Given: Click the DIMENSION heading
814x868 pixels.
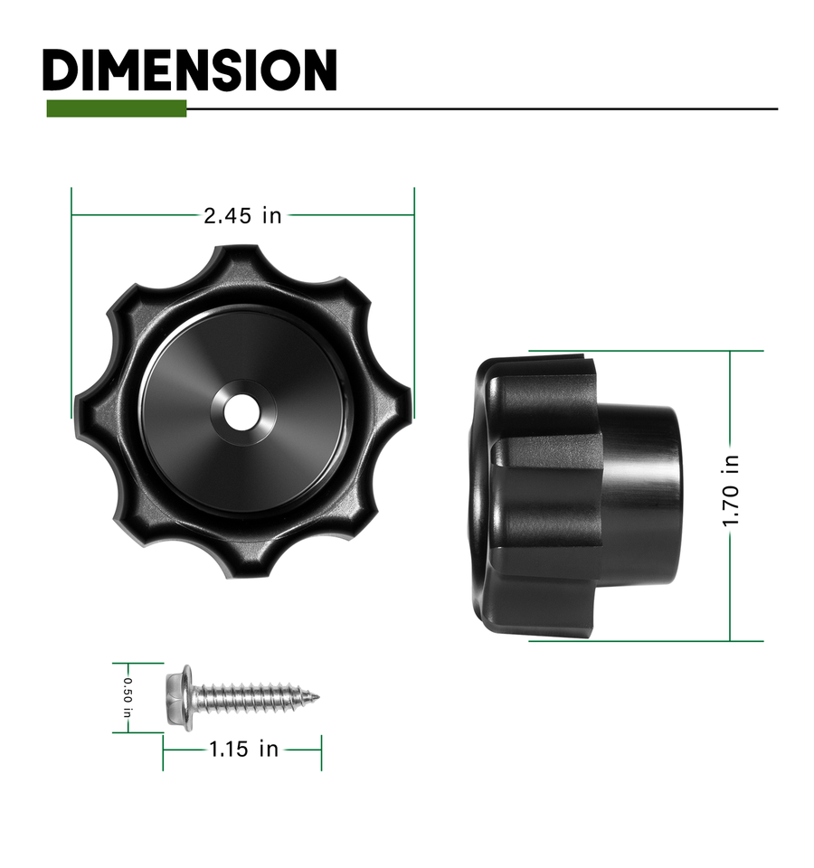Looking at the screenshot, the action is click(189, 70).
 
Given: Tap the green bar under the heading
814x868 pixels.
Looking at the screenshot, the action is click(117, 108).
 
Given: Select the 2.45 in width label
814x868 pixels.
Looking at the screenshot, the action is click(242, 215).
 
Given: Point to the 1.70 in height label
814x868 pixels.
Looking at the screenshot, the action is click(731, 490).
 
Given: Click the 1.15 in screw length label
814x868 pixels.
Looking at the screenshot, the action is click(243, 750).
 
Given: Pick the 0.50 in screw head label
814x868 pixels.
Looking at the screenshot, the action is click(128, 697).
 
